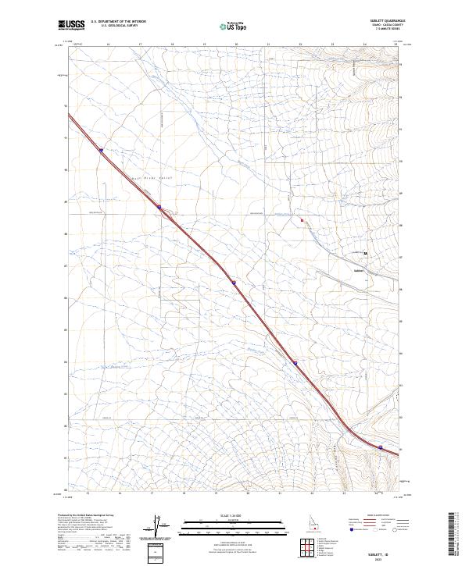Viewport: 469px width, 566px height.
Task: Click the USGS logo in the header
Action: point(72,25)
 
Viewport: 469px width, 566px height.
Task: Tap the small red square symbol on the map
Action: point(302,220)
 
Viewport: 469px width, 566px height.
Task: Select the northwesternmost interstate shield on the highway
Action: point(101,151)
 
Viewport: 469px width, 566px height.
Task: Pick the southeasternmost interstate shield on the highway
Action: point(381,447)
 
